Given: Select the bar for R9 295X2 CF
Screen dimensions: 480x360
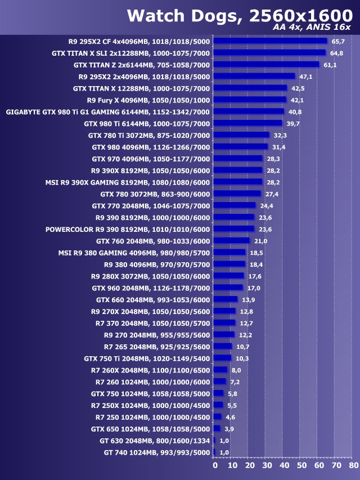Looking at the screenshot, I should (x=270, y=41).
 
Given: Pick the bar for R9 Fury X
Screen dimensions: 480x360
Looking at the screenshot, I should (x=250, y=100).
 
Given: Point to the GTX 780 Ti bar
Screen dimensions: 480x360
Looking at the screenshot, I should (x=241, y=135).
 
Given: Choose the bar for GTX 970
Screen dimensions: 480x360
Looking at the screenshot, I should (x=238, y=159).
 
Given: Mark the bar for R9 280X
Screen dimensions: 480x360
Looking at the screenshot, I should (x=228, y=276).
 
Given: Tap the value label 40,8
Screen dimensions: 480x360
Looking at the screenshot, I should (x=296, y=112).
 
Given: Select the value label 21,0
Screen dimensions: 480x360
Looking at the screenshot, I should (x=261, y=241).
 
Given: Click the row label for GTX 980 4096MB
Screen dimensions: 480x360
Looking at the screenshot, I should (x=151, y=147).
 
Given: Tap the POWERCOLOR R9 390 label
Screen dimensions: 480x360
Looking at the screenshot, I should (x=128, y=229).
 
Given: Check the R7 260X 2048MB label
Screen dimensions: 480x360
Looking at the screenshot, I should (x=150, y=370).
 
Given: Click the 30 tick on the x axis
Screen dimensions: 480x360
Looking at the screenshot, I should (x=267, y=465).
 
